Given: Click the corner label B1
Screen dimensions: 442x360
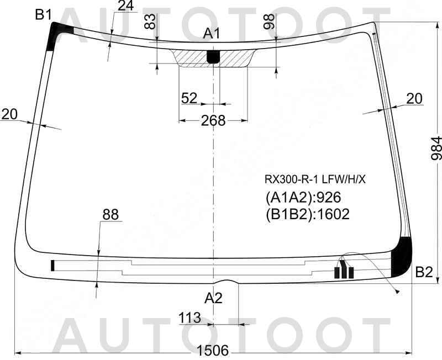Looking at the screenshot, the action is [x=44, y=14].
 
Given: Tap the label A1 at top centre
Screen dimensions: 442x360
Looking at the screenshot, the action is [x=212, y=34].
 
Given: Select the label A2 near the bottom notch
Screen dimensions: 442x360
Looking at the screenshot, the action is [x=213, y=298].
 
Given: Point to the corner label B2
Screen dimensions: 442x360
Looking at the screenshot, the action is [x=424, y=272].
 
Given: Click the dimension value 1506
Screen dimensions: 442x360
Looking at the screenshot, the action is [x=213, y=351].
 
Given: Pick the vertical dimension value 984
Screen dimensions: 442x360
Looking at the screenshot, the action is [x=435, y=148].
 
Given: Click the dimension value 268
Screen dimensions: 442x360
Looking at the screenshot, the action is [x=213, y=120].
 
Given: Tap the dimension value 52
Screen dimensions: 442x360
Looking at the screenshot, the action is [x=189, y=98].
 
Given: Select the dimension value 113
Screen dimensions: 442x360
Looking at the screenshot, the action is [x=190, y=317].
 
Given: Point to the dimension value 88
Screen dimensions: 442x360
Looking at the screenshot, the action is [x=110, y=214].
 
